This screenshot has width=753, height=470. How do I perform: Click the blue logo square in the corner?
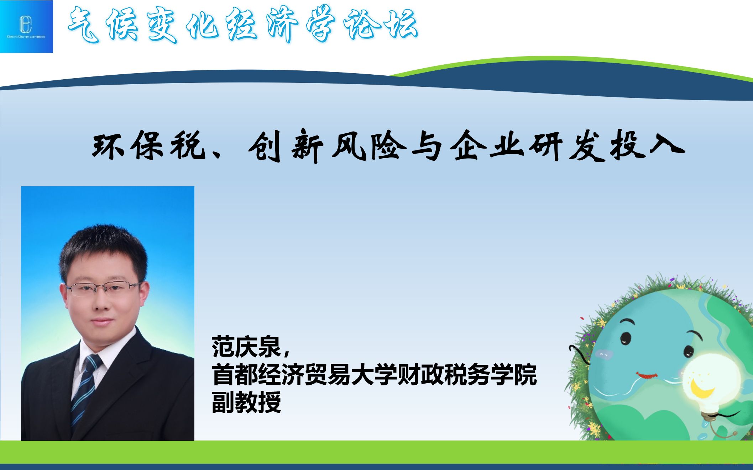tap(26, 26)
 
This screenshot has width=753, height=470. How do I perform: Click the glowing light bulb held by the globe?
tap(708, 380)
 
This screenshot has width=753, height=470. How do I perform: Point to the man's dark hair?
tap(103, 245)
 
